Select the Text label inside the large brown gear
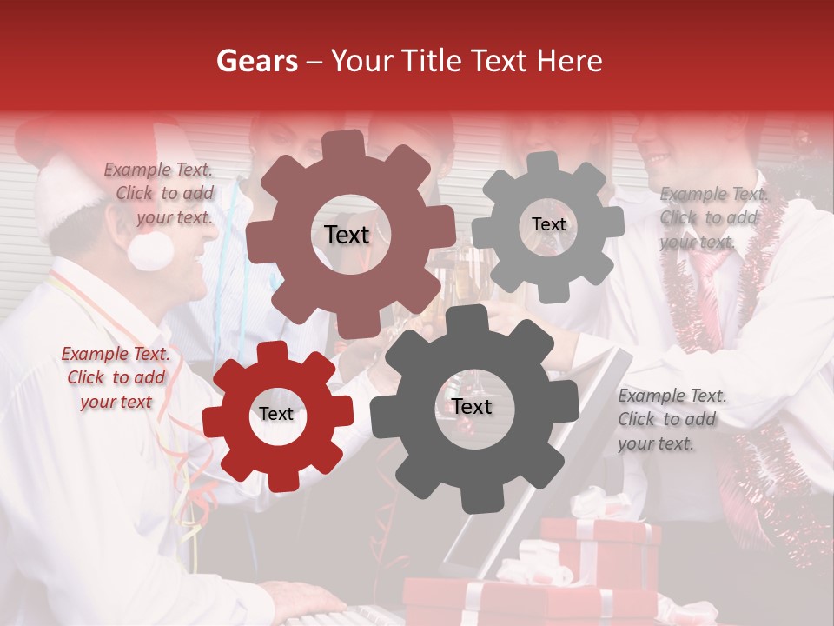click(x=347, y=235)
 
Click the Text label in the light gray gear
click(x=548, y=224)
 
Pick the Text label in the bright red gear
click(x=276, y=414)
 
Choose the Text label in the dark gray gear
click(x=471, y=406)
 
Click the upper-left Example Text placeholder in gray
click(x=159, y=194)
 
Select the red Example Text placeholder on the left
click(x=116, y=377)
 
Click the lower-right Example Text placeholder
click(x=671, y=419)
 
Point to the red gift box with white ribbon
click(x=599, y=548)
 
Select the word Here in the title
click(x=570, y=61)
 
